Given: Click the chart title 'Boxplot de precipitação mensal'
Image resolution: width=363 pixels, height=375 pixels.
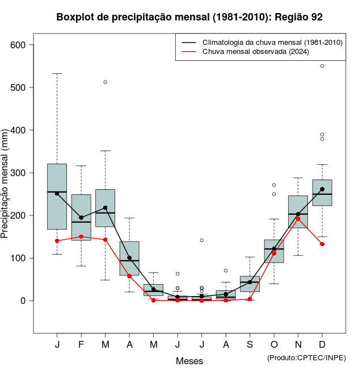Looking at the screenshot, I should click(189, 17).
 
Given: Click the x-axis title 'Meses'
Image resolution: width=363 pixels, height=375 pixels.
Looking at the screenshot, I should click(189, 361).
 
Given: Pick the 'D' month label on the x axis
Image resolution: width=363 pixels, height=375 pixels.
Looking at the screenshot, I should click(322, 345).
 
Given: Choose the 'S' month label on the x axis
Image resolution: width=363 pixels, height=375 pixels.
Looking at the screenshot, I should click(250, 345).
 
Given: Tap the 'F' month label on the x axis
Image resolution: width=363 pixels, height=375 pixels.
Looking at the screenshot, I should click(81, 345).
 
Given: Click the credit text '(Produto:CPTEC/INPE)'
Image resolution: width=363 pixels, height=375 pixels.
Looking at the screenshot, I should click(306, 357).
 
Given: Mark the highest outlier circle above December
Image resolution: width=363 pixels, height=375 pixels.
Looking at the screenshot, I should click(322, 66).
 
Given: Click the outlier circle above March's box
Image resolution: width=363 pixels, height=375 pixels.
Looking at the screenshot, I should click(105, 82).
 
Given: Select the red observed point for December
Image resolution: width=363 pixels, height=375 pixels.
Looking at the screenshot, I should click(322, 244).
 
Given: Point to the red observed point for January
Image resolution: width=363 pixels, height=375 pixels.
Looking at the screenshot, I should click(57, 241).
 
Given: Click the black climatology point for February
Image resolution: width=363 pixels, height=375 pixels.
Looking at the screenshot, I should click(81, 218).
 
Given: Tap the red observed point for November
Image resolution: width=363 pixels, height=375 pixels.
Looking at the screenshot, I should click(298, 219).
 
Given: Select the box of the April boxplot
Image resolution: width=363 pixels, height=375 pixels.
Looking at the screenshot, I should click(129, 259).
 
